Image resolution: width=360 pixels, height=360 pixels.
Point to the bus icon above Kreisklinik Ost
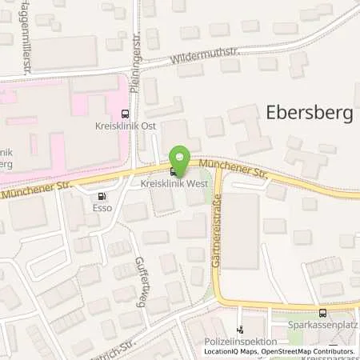[x=123, y=115]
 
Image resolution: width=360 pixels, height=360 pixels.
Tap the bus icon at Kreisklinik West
[x=174, y=171]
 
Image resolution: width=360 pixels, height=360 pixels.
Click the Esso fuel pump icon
[x=101, y=196]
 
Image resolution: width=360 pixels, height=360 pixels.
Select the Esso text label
[x=102, y=210]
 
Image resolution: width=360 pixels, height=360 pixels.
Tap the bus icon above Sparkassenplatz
[x=322, y=313]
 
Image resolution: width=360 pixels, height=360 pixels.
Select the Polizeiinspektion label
[x=235, y=341]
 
